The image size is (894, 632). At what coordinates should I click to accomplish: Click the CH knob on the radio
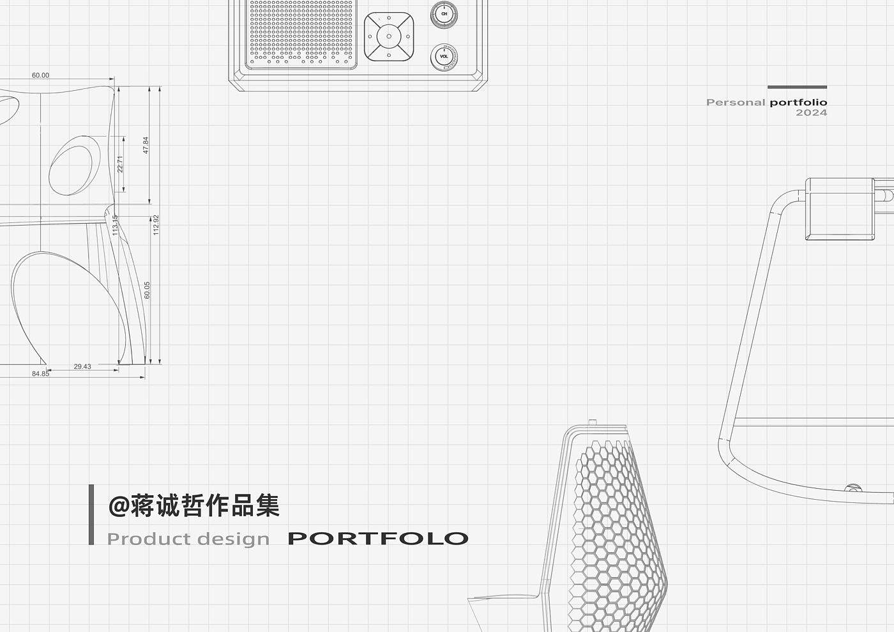[x=444, y=14]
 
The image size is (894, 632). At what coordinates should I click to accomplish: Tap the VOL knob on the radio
[x=444, y=57]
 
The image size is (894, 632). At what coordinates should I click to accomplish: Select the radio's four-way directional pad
[x=389, y=36]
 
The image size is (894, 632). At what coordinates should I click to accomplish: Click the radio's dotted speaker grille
[x=301, y=32]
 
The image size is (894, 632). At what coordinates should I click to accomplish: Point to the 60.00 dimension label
[x=40, y=75]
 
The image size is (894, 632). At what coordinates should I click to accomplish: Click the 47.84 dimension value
[x=146, y=145]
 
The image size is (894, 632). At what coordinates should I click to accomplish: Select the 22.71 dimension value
[x=120, y=164]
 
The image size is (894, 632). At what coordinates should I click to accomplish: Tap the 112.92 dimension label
[x=156, y=225]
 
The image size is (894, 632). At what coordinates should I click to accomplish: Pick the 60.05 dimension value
[x=147, y=290]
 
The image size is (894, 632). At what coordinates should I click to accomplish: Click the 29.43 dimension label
[x=82, y=367]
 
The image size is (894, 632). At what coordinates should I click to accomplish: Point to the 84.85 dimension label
[x=40, y=374]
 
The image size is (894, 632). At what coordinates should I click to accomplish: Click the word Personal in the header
[x=736, y=102]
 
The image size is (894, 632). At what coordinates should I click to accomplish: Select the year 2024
[x=811, y=112]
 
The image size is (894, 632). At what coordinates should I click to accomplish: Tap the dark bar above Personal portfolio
[x=797, y=87]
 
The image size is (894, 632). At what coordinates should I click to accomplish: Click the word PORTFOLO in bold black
[x=378, y=539]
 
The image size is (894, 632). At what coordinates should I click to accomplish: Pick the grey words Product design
[x=188, y=539]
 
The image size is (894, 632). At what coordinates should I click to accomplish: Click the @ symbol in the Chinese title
[x=119, y=506]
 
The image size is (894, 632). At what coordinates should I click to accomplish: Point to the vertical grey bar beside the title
[x=91, y=514]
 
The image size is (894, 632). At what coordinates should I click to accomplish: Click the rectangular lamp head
[x=840, y=209]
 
